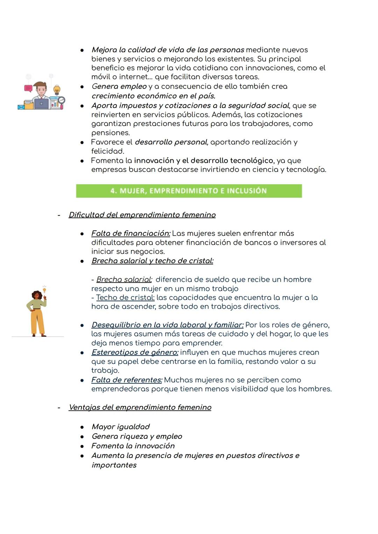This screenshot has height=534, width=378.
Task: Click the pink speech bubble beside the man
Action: [x=28, y=88]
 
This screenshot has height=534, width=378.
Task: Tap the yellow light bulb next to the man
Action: [x=57, y=90]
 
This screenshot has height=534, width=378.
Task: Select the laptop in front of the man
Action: [x=41, y=104]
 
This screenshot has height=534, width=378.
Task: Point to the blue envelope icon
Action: [x=21, y=106]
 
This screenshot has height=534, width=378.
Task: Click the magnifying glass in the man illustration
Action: [x=62, y=100]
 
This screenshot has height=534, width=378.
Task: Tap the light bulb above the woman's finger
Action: [x=44, y=290]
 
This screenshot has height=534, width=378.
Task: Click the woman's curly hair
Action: [x=36, y=295]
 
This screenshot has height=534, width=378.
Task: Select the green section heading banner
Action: [x=189, y=191]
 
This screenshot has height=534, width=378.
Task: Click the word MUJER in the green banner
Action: [x=132, y=191]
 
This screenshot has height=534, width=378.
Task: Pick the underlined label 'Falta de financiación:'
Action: [x=131, y=233]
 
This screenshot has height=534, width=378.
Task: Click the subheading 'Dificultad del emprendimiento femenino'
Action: [x=142, y=215]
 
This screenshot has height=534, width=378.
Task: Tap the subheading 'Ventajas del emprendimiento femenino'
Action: [x=140, y=407]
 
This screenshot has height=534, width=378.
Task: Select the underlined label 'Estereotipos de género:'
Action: [x=135, y=352]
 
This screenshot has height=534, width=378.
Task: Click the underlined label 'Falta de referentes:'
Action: [x=127, y=380]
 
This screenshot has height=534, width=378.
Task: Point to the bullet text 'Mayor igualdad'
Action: [x=120, y=426]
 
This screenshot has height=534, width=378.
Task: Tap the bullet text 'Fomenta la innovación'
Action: [x=133, y=446]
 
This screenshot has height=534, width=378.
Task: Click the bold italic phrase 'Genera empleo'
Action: [x=119, y=86]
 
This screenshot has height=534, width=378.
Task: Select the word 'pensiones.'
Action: [x=111, y=133]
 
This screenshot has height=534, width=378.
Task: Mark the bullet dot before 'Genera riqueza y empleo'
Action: [x=82, y=437]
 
